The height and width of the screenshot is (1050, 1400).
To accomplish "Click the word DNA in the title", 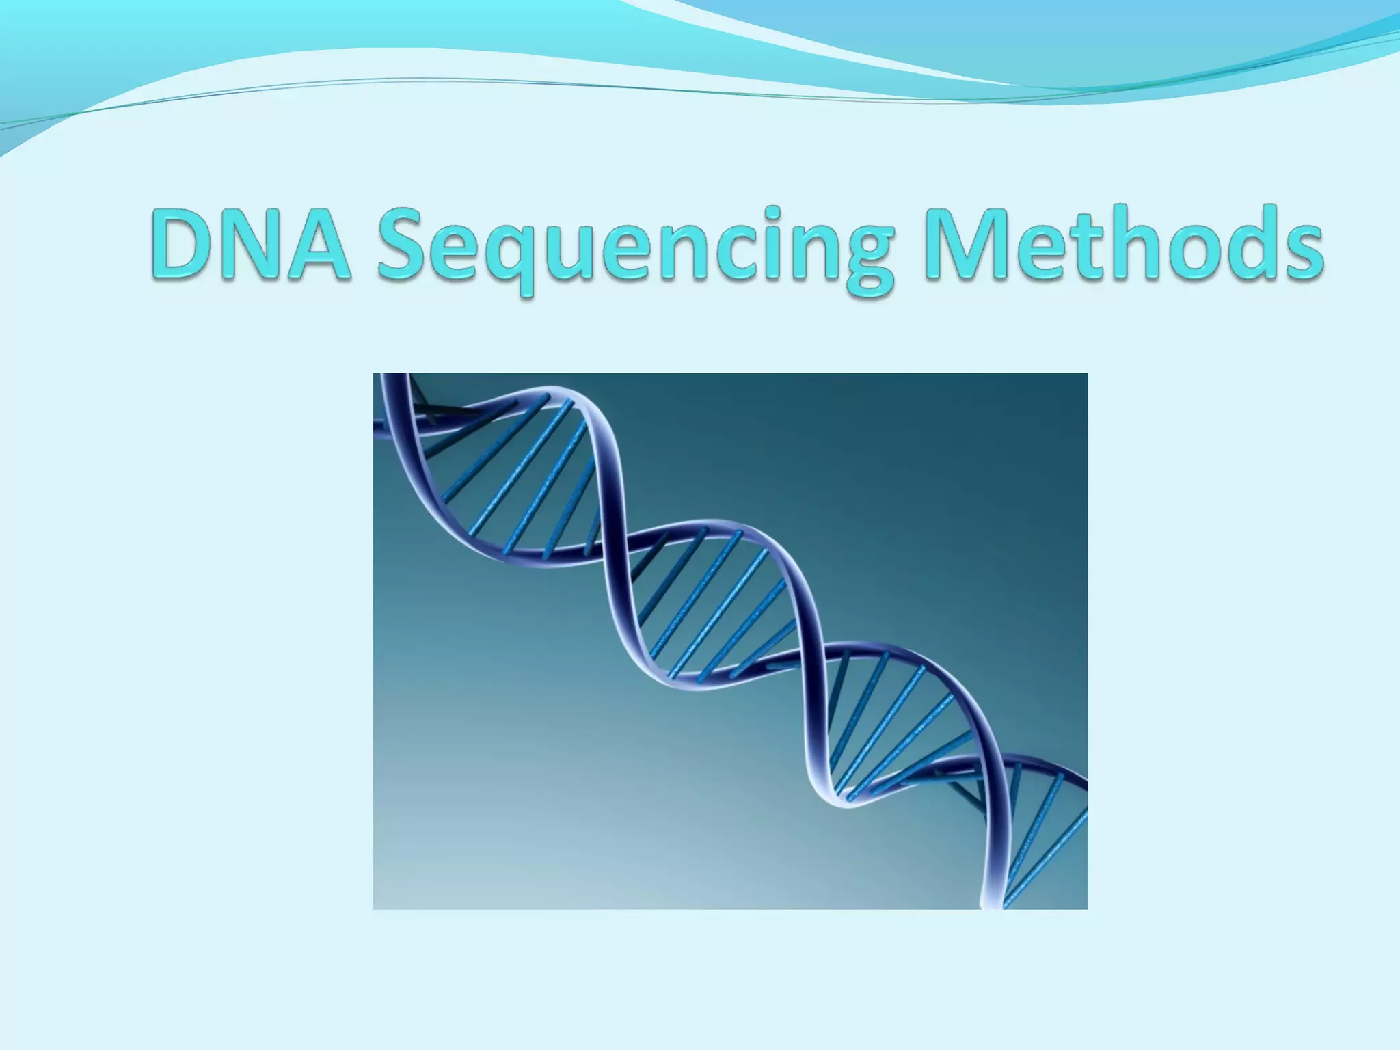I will [250, 245].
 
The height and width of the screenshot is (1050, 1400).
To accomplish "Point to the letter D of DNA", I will [183, 245].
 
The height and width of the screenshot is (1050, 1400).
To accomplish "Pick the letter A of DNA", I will [319, 245].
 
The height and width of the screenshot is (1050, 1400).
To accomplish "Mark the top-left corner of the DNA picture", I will [374, 374].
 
